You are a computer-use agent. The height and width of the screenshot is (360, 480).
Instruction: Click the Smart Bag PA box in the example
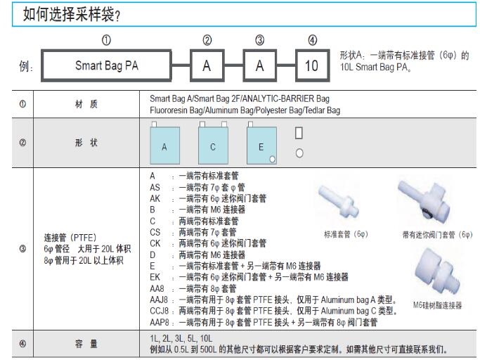pos(106,66)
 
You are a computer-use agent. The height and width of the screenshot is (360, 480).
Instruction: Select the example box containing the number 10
pos(312,66)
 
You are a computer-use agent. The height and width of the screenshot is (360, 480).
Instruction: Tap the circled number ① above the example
pos(106,40)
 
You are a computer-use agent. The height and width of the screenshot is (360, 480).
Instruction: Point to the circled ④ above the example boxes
pos(312,40)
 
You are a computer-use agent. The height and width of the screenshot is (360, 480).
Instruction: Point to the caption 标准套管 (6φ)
pos(346,234)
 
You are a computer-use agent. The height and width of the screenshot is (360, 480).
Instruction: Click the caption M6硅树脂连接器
pos(437,304)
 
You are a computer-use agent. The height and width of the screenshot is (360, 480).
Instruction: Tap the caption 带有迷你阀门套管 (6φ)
pos(436,234)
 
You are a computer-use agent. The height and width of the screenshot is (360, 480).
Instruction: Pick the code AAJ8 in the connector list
pos(160,300)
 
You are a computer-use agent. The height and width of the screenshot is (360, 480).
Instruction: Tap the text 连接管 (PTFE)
pos(70,237)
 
